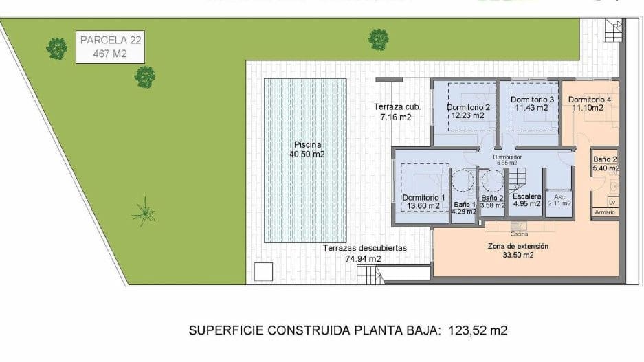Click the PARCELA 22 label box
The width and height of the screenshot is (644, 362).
(110, 47)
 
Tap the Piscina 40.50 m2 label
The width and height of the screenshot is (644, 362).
(307, 150)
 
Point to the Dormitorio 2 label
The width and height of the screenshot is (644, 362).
(468, 111)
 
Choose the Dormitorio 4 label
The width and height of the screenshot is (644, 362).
(590, 104)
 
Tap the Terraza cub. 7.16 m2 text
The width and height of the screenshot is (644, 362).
(396, 112)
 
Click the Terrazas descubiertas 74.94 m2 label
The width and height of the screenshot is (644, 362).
(365, 253)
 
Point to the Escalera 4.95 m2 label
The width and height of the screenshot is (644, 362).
(527, 200)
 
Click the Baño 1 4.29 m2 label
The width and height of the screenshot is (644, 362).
(465, 208)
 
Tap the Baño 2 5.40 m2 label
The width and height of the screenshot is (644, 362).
(606, 163)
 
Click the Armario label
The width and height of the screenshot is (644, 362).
(605, 212)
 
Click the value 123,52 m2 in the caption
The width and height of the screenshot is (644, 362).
(478, 331)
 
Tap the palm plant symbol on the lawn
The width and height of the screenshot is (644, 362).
(144, 212)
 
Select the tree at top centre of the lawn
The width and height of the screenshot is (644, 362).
(378, 39)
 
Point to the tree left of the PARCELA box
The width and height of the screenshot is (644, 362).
(56, 48)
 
